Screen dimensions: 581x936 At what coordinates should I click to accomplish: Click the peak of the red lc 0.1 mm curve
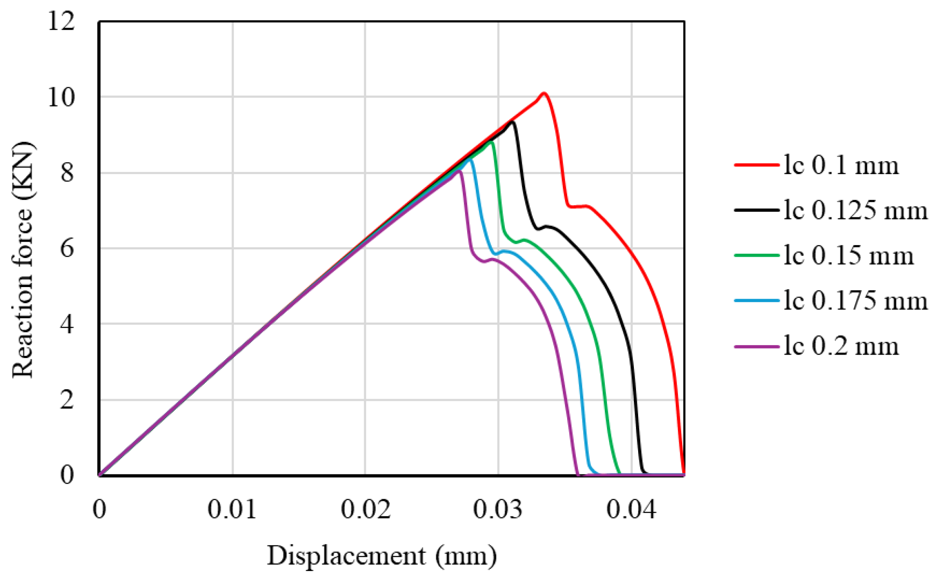pyautogui.click(x=544, y=93)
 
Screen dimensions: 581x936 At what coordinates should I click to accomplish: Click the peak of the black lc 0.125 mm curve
pyautogui.click(x=513, y=122)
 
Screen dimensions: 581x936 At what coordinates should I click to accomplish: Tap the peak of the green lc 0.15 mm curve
pyautogui.click(x=491, y=142)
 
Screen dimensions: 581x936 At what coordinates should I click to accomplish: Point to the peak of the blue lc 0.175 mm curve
pyautogui.click(x=470, y=159)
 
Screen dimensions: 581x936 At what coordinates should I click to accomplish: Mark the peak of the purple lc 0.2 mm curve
pyautogui.click(x=460, y=171)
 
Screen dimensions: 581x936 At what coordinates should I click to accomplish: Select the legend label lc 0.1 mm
pyautogui.click(x=840, y=165)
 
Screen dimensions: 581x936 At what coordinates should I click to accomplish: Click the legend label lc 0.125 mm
pyautogui.click(x=855, y=210)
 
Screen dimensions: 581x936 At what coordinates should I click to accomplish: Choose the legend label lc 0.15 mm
pyautogui.click(x=848, y=255)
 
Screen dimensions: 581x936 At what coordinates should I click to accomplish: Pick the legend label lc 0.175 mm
pyautogui.click(x=855, y=300)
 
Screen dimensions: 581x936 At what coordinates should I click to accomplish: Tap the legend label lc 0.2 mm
pyautogui.click(x=840, y=346)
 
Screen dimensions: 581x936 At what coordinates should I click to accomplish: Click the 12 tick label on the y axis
pyautogui.click(x=61, y=21)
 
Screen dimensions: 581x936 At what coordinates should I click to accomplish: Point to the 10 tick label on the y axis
pyautogui.click(x=61, y=97)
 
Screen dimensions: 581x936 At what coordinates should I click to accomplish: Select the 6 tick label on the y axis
pyautogui.click(x=67, y=249)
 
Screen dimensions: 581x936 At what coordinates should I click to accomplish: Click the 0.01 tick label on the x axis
pyautogui.click(x=232, y=509)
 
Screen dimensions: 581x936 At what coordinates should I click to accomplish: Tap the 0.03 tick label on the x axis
pyautogui.click(x=498, y=509)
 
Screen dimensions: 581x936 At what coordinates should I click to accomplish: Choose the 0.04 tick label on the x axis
pyautogui.click(x=631, y=509)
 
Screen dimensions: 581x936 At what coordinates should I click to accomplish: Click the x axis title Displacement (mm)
pyautogui.click(x=382, y=555)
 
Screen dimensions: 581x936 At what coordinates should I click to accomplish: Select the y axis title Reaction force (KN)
pyautogui.click(x=23, y=260)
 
